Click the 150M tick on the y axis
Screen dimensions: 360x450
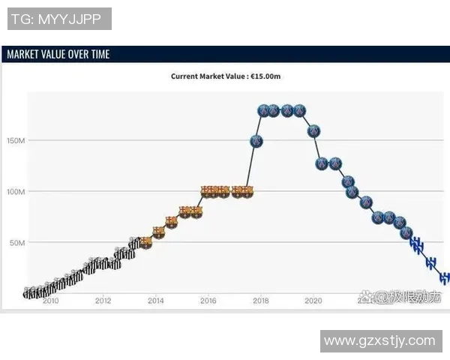tap(16, 140)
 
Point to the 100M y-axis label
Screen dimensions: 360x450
tap(16, 192)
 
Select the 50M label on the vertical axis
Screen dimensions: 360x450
tap(17, 243)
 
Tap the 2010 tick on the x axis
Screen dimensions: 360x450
tap(50, 301)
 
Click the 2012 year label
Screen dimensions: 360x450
tap(103, 301)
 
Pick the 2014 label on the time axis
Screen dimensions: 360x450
tap(155, 301)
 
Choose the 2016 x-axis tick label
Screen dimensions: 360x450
tap(208, 301)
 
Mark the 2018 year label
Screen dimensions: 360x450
tap(260, 301)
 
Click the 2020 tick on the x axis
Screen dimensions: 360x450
tap(313, 301)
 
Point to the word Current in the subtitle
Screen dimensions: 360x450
tap(185, 76)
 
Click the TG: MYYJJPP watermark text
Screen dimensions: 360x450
tap(58, 19)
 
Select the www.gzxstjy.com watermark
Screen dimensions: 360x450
tap(379, 341)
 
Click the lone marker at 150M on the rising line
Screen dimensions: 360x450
tap(256, 141)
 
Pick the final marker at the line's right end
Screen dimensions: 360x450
tap(445, 277)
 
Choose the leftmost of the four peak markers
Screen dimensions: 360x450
tap(262, 111)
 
